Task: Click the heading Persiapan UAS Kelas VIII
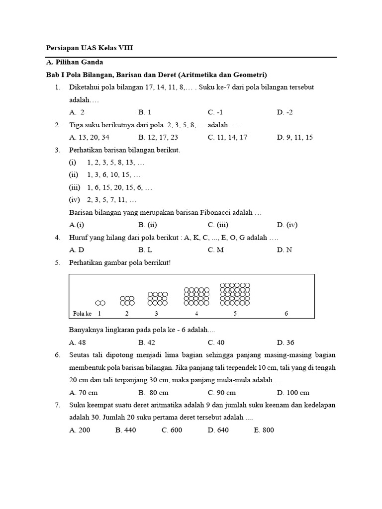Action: (x=90, y=49)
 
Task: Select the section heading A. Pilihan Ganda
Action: (x=74, y=63)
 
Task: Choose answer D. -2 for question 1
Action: (x=285, y=112)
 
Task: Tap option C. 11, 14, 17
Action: (x=227, y=137)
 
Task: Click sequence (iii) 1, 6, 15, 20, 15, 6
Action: (x=110, y=187)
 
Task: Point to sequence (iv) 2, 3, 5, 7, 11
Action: (x=103, y=200)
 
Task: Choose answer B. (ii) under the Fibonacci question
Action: (x=148, y=225)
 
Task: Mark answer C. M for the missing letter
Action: (x=216, y=250)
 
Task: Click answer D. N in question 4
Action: (x=285, y=250)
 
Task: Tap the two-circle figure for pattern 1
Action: (x=100, y=303)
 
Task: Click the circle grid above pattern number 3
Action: (x=158, y=298)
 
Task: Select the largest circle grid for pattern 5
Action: (x=235, y=294)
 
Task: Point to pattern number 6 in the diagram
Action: (x=286, y=314)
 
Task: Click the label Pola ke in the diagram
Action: (x=82, y=314)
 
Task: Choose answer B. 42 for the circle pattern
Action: (x=147, y=342)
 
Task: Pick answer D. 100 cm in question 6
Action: (x=293, y=393)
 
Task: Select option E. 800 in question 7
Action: (x=264, y=430)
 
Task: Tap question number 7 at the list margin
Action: (x=58, y=405)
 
